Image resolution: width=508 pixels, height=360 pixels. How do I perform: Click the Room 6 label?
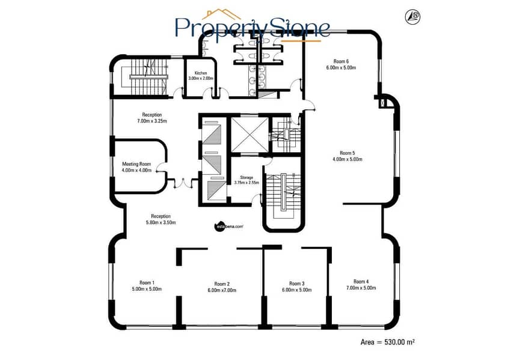[x=341, y=61]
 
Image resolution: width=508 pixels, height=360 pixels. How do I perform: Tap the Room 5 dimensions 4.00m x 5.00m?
[x=347, y=159]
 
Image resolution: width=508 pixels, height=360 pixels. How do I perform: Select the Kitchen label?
[x=201, y=73]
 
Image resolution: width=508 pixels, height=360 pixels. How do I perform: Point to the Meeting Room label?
[x=136, y=164]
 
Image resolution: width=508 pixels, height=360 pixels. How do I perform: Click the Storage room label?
[x=246, y=177]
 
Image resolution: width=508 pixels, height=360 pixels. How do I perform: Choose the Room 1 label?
[x=147, y=282]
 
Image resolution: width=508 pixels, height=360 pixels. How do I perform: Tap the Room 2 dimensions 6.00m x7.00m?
[x=222, y=290]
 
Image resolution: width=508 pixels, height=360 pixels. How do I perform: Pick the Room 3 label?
[x=297, y=284]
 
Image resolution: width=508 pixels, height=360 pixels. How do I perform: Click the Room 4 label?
[x=361, y=282]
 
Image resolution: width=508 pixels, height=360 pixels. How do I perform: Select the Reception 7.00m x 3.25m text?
[x=152, y=118]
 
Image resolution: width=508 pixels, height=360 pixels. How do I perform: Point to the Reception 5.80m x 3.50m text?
[x=161, y=219]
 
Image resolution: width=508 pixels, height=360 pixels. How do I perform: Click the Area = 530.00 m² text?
[x=388, y=342]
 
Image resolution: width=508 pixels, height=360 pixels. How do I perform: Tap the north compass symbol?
[x=412, y=16]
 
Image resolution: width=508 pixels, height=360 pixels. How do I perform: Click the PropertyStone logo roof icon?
[x=221, y=14]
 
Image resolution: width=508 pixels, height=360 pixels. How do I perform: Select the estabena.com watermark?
[x=229, y=227]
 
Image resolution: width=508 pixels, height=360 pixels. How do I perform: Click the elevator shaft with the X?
[x=249, y=135]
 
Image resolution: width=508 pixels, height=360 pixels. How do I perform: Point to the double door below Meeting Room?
[x=183, y=183]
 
